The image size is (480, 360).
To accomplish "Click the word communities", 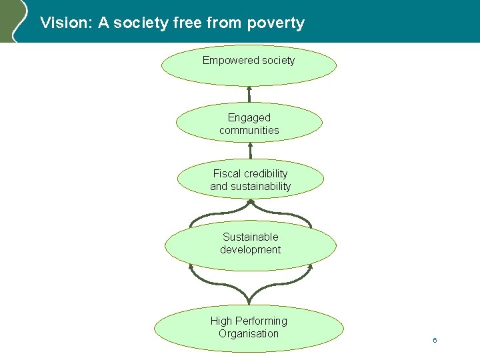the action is coord(249,131).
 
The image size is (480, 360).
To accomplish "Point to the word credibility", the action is coord(266,174).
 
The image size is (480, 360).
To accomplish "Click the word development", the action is coord(251,250).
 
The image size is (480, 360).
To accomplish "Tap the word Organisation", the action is coord(249,334).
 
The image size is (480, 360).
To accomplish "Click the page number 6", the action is coord(435,341).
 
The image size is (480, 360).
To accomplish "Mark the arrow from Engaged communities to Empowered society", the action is coord(249,94).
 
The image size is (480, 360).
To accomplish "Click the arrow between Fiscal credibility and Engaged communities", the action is coord(250,151).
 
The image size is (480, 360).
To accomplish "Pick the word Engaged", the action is coord(249,118).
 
